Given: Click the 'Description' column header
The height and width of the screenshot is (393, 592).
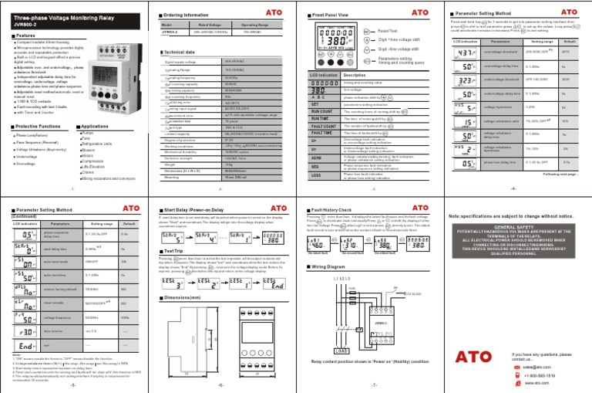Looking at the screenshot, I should pos(358,75).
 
